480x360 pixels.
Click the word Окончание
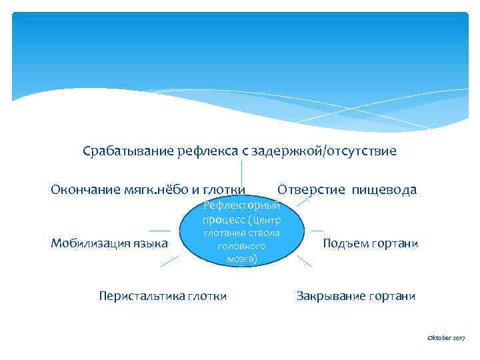point(85,190)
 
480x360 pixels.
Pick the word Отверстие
point(311,190)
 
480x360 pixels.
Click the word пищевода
point(385,190)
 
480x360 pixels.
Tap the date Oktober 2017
point(446,339)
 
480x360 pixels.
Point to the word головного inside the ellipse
point(242,245)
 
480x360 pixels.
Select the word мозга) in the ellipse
point(242,259)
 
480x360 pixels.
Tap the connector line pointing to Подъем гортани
point(317,231)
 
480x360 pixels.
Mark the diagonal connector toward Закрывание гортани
point(304,261)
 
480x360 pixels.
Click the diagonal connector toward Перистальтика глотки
point(170,261)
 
